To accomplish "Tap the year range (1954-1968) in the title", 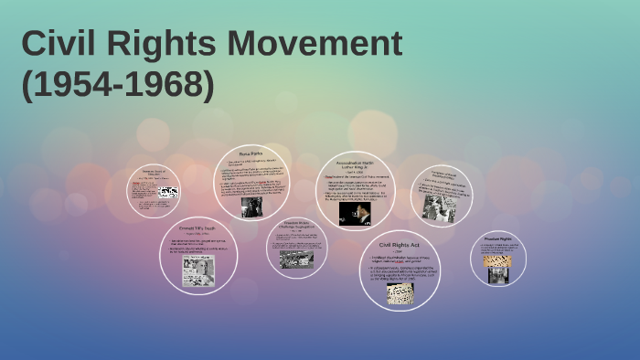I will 118,85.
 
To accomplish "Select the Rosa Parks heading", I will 251,154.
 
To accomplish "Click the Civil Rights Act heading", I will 400,245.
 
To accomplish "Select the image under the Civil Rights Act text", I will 400,292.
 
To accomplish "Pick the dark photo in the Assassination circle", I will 355,214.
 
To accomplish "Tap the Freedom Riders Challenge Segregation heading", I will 296,225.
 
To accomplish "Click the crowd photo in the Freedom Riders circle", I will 296,259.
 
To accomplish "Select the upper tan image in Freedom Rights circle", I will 498,259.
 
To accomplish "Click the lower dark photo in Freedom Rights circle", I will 498,273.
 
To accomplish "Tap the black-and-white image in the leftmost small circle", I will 168,193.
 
